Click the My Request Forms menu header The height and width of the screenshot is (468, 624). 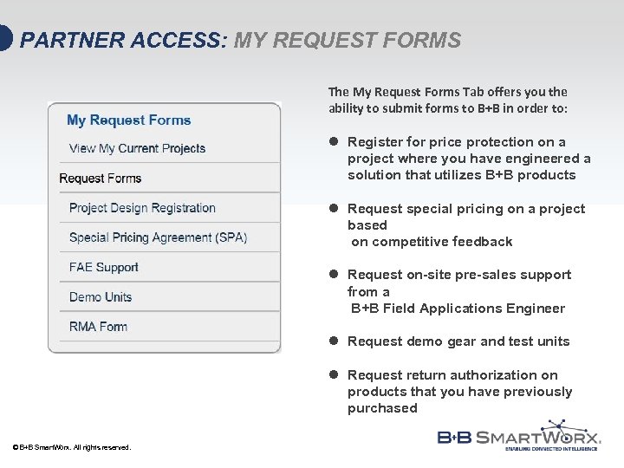point(128,120)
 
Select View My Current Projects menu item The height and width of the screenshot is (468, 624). point(137,148)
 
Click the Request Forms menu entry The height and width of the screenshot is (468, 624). point(100,179)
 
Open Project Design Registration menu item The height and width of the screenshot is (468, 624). point(142,208)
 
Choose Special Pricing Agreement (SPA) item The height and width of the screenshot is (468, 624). point(158,237)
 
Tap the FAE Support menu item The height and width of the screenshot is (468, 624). point(103,267)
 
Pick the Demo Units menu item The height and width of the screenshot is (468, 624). point(101,297)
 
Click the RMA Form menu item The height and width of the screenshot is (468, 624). point(98,327)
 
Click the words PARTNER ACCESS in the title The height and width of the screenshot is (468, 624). point(121,41)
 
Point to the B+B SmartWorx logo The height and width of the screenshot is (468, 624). point(519,436)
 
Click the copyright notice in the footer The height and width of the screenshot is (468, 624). point(72,447)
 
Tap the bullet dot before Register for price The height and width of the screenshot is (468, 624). point(333,142)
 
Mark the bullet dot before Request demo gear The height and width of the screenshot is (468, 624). point(333,341)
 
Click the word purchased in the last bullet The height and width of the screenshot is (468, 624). point(382,408)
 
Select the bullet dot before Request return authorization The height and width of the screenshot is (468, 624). point(333,375)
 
